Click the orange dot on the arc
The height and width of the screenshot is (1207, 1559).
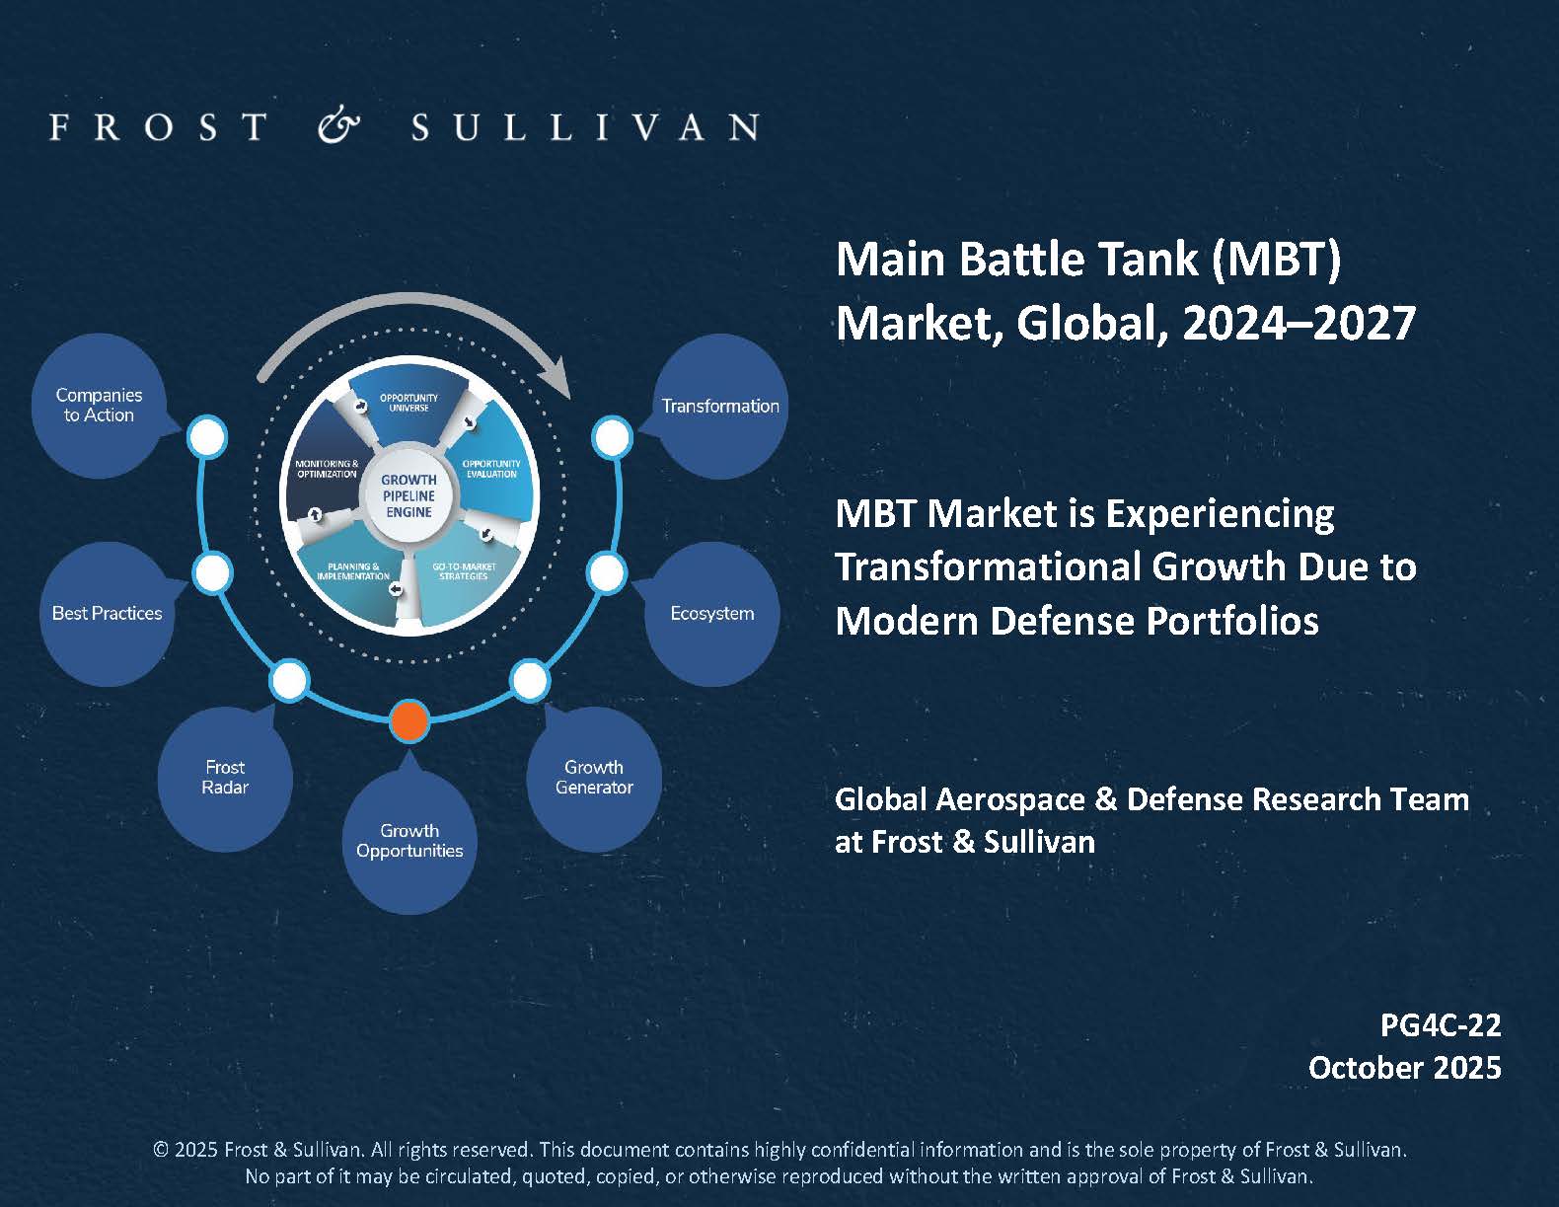point(408,721)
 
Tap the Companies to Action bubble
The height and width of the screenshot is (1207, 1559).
point(99,407)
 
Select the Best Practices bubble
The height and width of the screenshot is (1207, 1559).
point(108,614)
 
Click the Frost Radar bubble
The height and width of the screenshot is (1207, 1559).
point(225,778)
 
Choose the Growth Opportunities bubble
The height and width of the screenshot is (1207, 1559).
point(409,841)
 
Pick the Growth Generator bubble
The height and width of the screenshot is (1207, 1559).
point(594,778)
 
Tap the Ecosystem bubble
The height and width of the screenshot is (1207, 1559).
point(711,614)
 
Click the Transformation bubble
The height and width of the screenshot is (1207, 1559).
point(719,407)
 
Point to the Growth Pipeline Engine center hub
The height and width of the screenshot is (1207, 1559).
point(408,495)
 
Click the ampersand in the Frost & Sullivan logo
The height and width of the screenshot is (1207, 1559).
point(338,126)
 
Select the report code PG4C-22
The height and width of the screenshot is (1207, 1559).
point(1441,1025)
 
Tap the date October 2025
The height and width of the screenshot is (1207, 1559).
point(1405,1068)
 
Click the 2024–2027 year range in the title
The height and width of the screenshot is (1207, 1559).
point(1299,323)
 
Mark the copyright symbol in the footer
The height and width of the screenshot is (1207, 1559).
point(161,1150)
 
